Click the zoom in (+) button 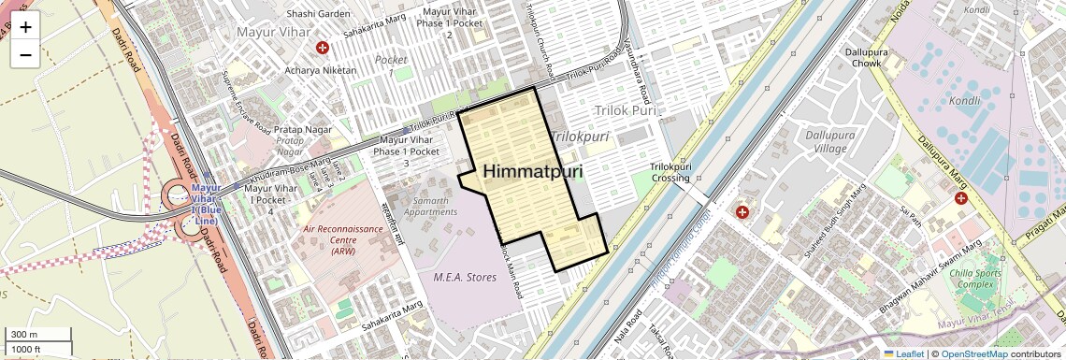click(25, 27)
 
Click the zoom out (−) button click(25, 55)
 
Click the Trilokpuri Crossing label click(670, 172)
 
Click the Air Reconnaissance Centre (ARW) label click(343, 239)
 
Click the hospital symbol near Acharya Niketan click(323, 48)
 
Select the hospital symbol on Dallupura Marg click(961, 198)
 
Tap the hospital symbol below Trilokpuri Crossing click(742, 213)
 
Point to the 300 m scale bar click(36, 335)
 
